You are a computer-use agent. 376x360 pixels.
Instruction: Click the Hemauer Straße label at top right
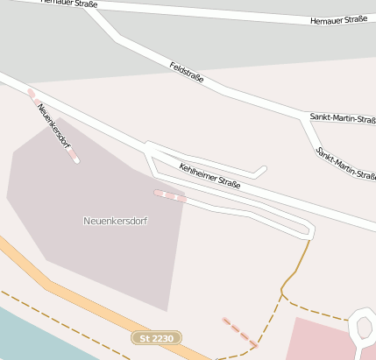click(x=338, y=19)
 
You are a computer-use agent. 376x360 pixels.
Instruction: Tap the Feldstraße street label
click(x=186, y=72)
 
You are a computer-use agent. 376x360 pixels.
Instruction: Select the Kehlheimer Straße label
click(x=209, y=175)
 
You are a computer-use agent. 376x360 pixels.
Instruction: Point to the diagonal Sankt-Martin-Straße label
click(x=348, y=163)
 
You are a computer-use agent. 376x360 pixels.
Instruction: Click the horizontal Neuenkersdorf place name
click(x=115, y=221)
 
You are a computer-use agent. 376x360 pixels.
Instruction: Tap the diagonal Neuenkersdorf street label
click(x=54, y=127)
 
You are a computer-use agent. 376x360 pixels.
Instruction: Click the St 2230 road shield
click(x=157, y=337)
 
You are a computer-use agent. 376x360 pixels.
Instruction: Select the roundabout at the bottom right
click(x=364, y=328)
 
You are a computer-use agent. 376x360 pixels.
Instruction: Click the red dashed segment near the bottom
click(x=239, y=332)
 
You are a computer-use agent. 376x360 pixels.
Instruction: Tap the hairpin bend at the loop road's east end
click(x=310, y=231)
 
